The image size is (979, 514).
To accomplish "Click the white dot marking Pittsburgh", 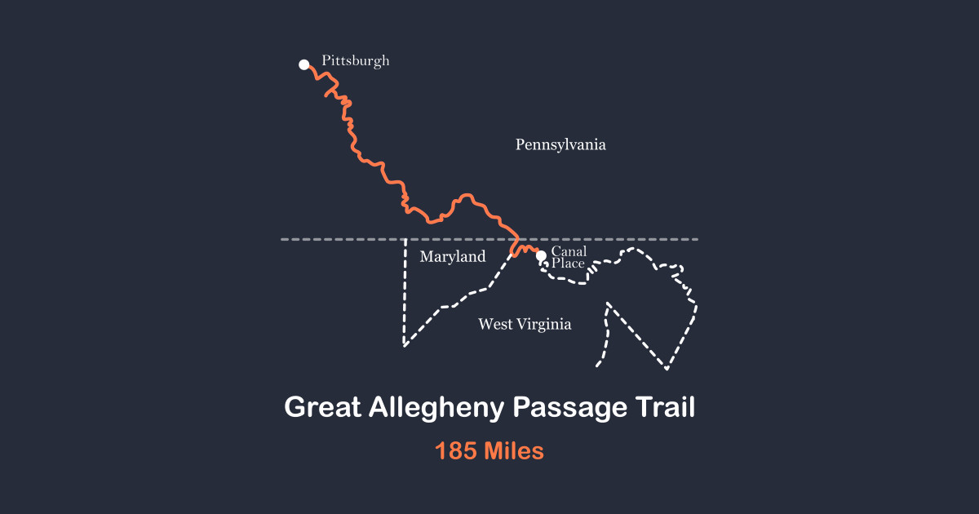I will (x=304, y=64).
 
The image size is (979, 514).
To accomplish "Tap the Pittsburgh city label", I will (x=355, y=60).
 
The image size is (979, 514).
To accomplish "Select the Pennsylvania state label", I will (x=560, y=144).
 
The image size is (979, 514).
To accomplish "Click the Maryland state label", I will (x=452, y=257).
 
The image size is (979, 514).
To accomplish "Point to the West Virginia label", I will (x=525, y=324).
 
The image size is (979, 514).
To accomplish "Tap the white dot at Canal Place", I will (x=541, y=255).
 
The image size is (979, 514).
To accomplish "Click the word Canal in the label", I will (x=569, y=251).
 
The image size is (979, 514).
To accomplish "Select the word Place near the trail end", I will (x=568, y=264).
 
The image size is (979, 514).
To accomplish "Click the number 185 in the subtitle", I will (x=455, y=450).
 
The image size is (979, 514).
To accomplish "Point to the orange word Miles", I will (x=513, y=450).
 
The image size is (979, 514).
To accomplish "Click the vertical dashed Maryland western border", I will (x=405, y=294).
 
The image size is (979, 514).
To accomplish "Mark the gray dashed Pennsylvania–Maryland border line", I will (x=620, y=239).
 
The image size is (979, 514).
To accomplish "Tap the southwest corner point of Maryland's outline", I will (x=405, y=345).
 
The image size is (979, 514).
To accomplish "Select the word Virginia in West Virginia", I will (x=544, y=324).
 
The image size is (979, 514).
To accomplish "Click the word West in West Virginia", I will (x=495, y=324).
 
